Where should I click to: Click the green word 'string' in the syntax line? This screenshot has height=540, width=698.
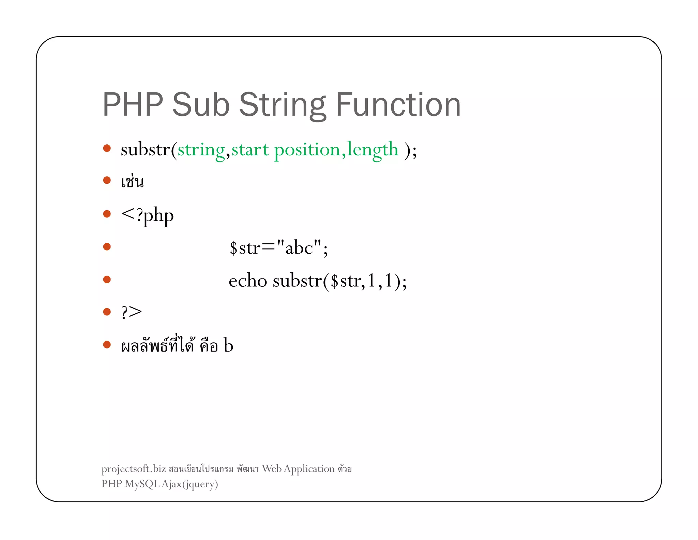click(201, 150)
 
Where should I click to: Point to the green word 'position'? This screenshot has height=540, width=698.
click(307, 150)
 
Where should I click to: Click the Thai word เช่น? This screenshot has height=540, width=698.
click(132, 182)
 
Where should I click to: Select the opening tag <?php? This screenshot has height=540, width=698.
click(147, 215)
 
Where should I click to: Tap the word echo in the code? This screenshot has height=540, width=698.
click(248, 281)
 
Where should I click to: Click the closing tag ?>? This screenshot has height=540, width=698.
click(131, 312)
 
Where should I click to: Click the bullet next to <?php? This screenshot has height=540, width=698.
click(107, 214)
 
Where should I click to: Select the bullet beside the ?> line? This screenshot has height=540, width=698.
click(107, 311)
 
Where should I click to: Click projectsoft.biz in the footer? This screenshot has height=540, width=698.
click(134, 469)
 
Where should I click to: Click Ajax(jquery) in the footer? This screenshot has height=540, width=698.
click(190, 484)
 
